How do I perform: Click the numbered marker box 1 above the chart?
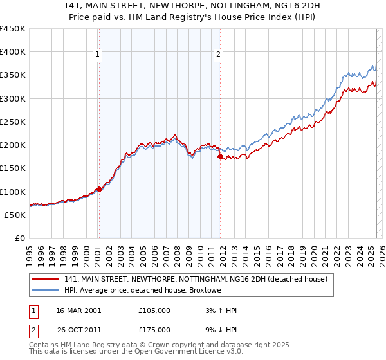pos(97,55)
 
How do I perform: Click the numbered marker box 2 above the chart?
pos(219,55)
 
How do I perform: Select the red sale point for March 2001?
pos(99,190)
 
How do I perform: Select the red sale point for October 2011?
pos(220,156)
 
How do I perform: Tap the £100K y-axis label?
pos(14,192)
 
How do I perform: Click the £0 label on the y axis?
pos(20,238)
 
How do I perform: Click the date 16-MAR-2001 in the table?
pos(78,310)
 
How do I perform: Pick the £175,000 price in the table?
pos(154,330)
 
